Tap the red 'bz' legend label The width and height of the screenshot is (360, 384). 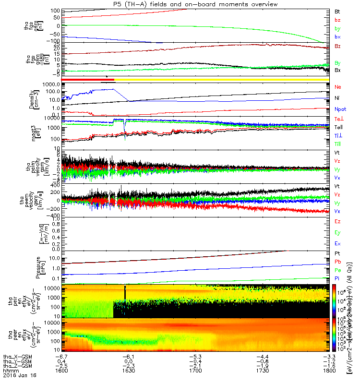pos(337,20)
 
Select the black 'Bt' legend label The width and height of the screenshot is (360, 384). pos(337,11)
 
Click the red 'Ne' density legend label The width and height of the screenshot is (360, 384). pos(338,87)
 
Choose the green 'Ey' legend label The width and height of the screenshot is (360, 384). pos(337,232)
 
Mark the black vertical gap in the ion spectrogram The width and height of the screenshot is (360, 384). pos(125,293)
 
